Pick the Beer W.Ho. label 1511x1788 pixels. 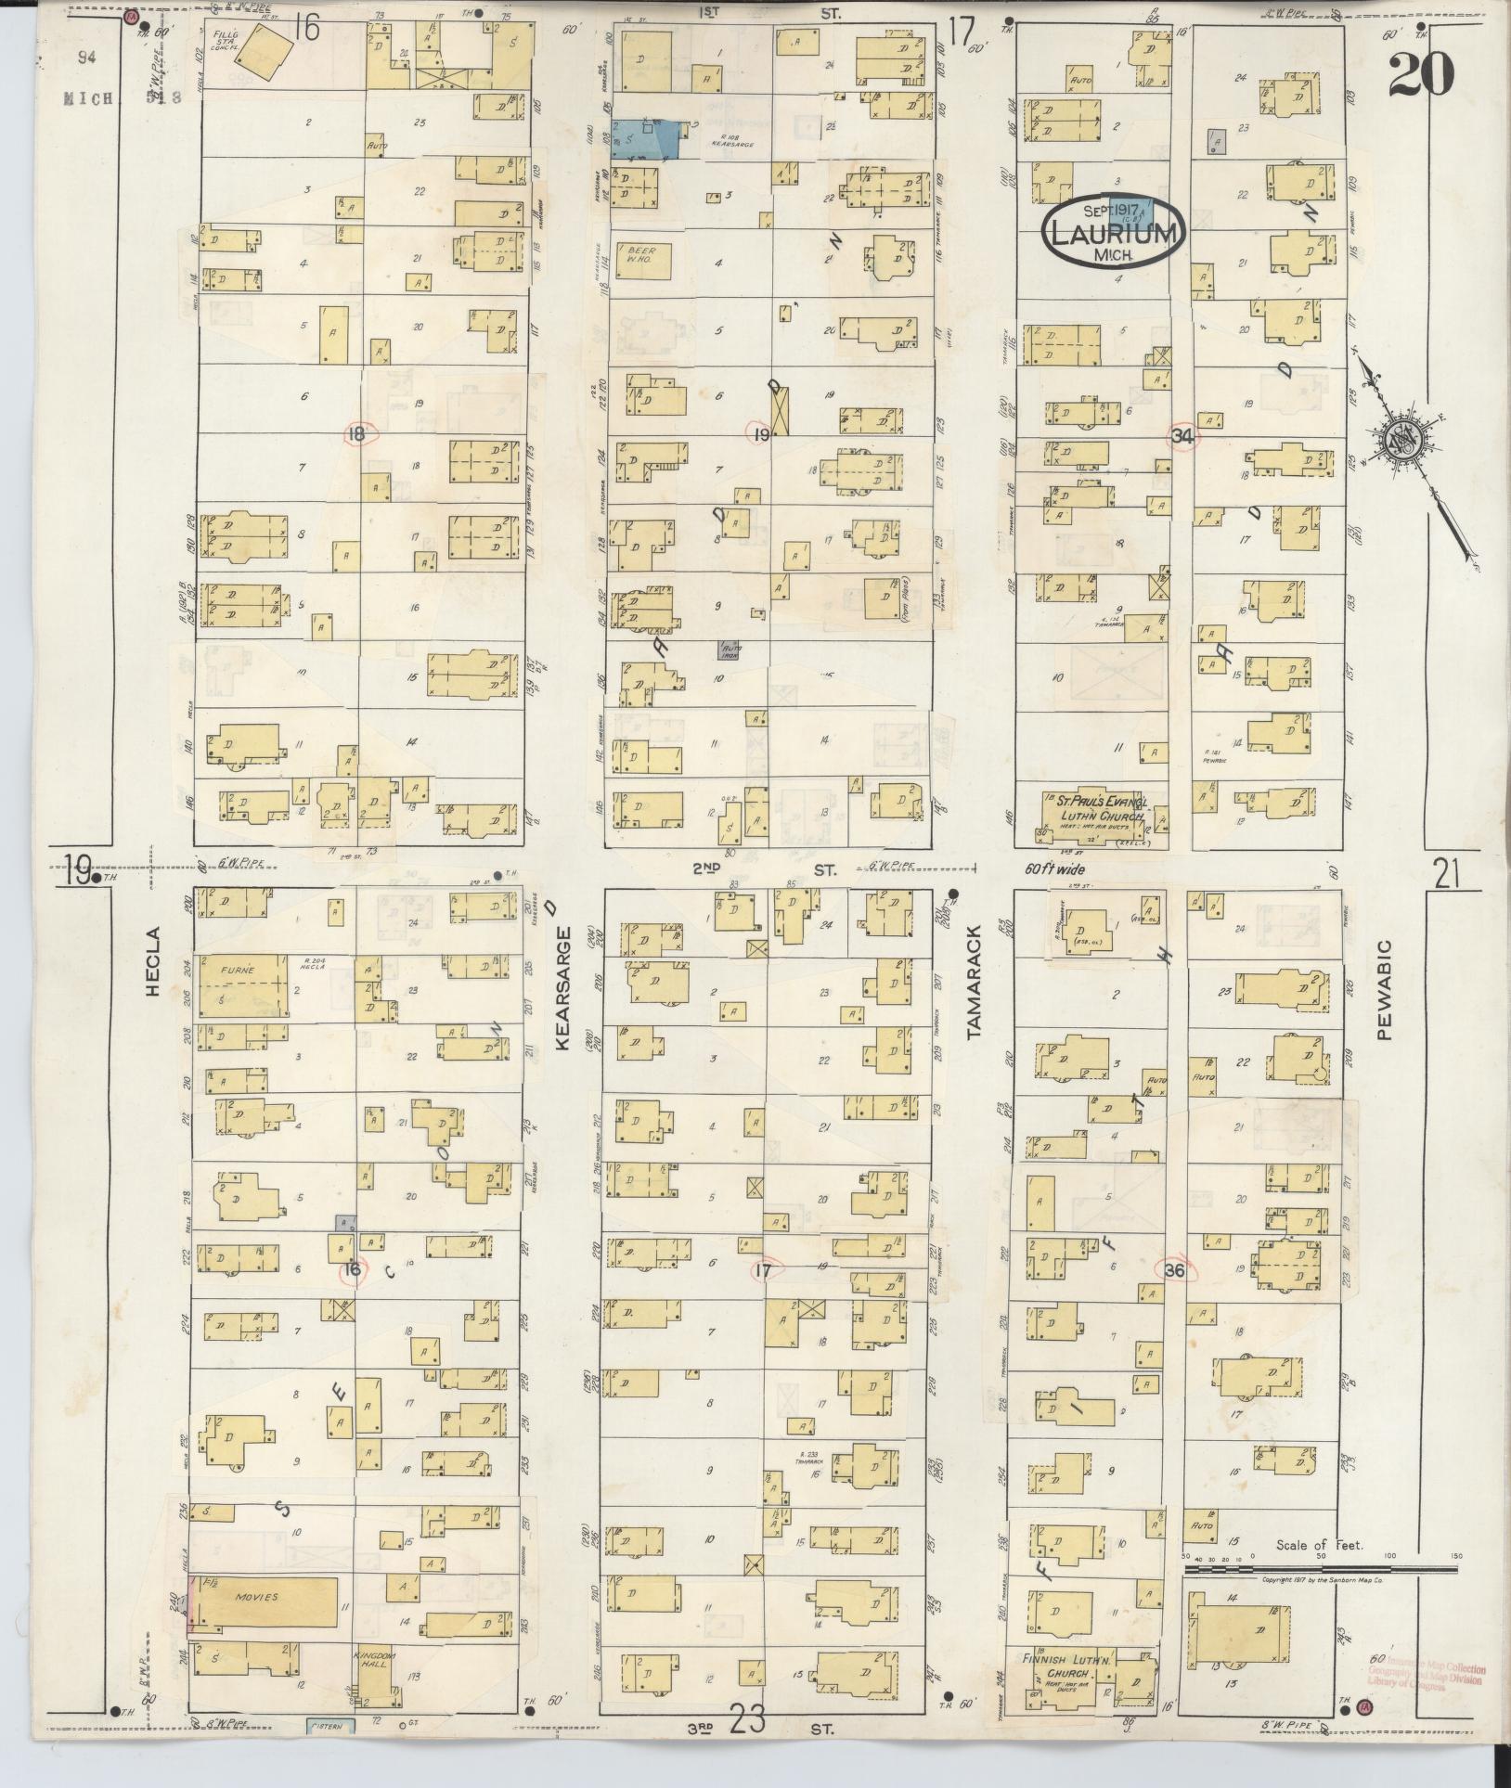(x=641, y=255)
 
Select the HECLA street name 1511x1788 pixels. (x=153, y=974)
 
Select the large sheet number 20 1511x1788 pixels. (x=1420, y=74)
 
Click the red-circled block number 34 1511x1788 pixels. (x=1182, y=436)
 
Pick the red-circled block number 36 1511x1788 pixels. (x=1174, y=1270)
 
